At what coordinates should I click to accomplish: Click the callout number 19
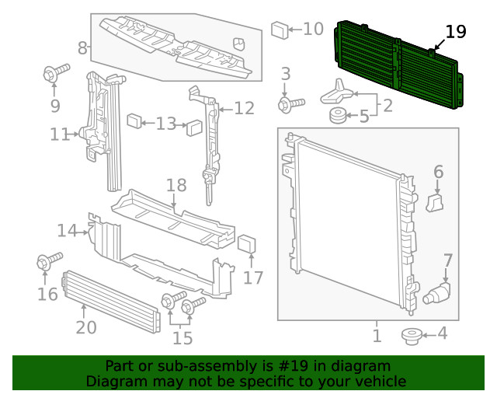455,32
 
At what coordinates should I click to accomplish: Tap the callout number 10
312,30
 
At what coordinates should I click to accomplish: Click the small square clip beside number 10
279,30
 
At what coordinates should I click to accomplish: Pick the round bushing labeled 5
336,117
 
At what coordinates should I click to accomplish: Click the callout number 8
82,48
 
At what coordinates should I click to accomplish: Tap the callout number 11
60,134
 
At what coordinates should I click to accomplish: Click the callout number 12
244,108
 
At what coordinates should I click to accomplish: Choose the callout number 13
165,123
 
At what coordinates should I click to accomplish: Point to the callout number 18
176,185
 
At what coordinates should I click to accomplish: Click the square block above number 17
246,244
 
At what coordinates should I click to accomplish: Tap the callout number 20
85,327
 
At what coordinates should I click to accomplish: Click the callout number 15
182,337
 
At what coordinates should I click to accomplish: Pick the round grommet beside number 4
410,336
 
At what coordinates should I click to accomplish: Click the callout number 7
447,260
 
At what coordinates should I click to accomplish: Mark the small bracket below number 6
435,203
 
